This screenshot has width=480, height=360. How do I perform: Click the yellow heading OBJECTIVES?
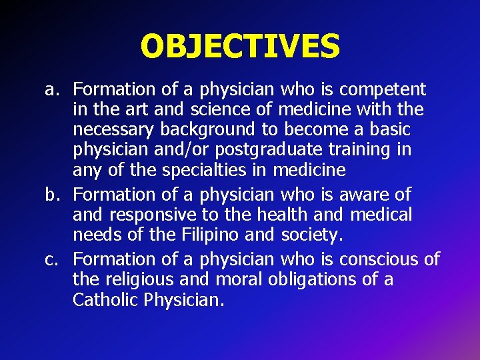[240, 46]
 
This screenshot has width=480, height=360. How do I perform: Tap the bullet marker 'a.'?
[53, 89]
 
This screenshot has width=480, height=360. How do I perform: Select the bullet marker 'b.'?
[53, 195]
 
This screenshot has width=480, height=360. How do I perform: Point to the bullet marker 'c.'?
[53, 258]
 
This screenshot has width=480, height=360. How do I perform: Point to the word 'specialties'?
[205, 171]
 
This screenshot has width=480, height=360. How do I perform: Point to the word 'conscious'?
[380, 258]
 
